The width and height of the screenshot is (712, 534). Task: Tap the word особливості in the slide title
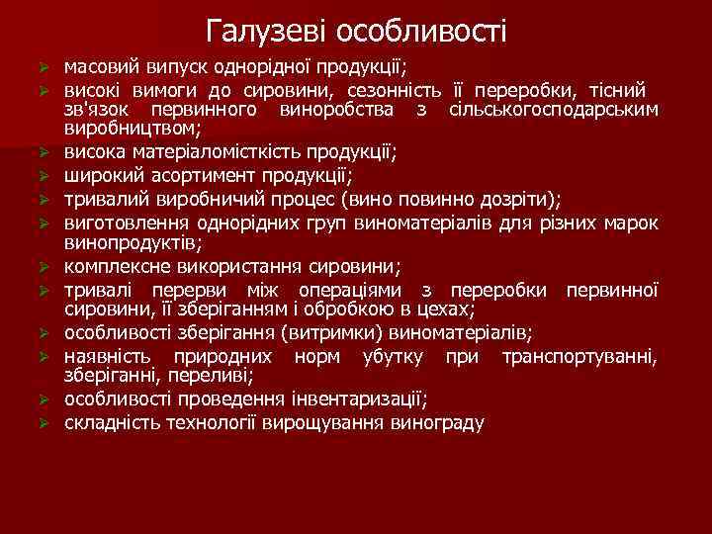(421, 32)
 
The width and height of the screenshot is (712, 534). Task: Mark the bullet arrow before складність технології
(43, 424)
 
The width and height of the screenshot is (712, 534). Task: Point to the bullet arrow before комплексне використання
(43, 267)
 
